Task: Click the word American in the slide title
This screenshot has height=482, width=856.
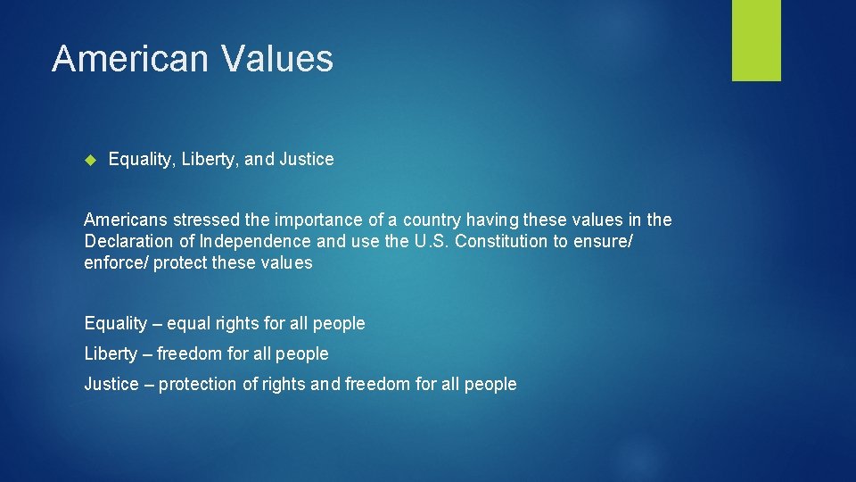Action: pos(129,59)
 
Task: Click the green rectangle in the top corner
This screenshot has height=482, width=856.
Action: pos(756,39)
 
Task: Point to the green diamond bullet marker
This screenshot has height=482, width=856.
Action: pos(89,160)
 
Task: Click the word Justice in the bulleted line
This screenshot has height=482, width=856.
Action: pos(307,160)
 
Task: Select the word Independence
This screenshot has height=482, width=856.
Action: pos(255,241)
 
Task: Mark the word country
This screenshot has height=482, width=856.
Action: pos(429,220)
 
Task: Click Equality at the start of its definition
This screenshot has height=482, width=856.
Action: pos(116,323)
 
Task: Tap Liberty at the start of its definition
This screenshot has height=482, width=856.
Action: pos(111,353)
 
